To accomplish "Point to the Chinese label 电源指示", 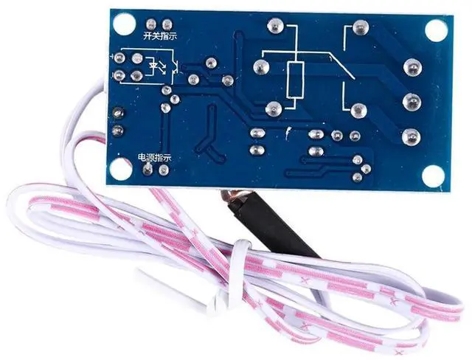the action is pyautogui.click(x=155, y=157).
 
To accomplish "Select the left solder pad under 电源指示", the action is pyautogui.click(x=148, y=170).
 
